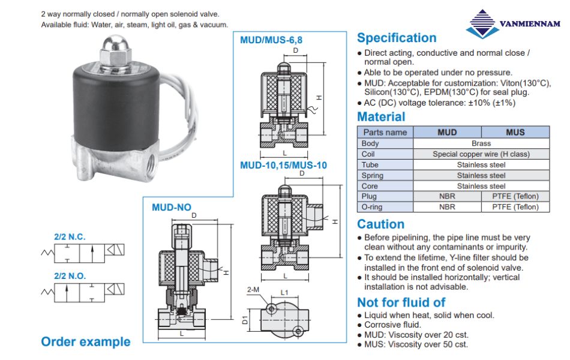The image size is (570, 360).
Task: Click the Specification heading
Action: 397,38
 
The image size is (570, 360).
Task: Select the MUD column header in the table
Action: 447,132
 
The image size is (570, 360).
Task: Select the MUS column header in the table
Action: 515,132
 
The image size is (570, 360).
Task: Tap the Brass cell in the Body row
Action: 481,143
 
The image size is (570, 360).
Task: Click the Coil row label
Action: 368,154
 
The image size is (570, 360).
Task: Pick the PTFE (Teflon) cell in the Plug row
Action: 515,196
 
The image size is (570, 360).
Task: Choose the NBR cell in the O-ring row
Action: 447,207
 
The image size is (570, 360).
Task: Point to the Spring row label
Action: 373,175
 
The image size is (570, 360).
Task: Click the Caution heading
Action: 380,224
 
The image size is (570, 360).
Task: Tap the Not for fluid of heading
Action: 401,302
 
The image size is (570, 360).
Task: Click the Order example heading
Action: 85,342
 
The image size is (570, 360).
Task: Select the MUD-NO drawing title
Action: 172,208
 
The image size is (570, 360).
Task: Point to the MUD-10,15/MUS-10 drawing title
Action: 283,164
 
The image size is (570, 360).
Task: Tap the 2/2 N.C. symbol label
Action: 70,236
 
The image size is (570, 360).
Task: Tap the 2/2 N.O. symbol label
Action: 70,276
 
